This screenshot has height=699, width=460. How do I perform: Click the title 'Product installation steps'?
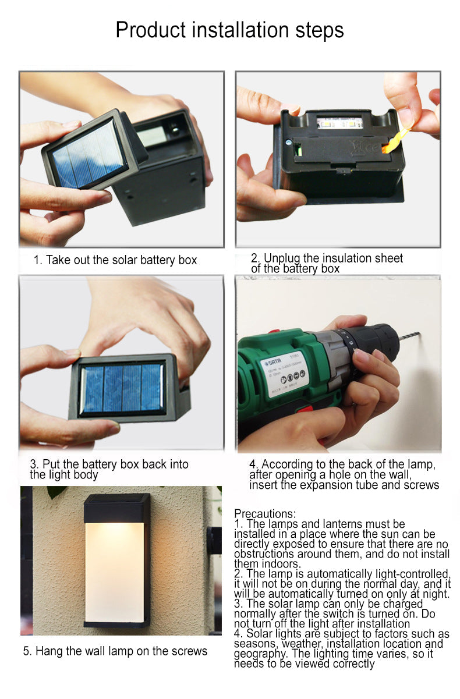(x=229, y=30)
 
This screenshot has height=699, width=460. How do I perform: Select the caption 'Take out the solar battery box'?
(x=115, y=260)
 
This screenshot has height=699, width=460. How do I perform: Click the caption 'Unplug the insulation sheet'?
(x=327, y=258)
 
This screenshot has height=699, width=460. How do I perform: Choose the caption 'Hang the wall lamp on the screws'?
(x=115, y=651)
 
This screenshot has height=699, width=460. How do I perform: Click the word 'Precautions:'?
(x=265, y=514)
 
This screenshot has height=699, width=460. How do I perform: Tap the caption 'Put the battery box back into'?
(x=109, y=464)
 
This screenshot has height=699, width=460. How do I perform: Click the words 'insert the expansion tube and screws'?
(x=344, y=485)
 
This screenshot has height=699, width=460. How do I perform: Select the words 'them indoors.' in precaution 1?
(x=267, y=563)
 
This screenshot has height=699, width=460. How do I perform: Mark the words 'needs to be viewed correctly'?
(x=304, y=663)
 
